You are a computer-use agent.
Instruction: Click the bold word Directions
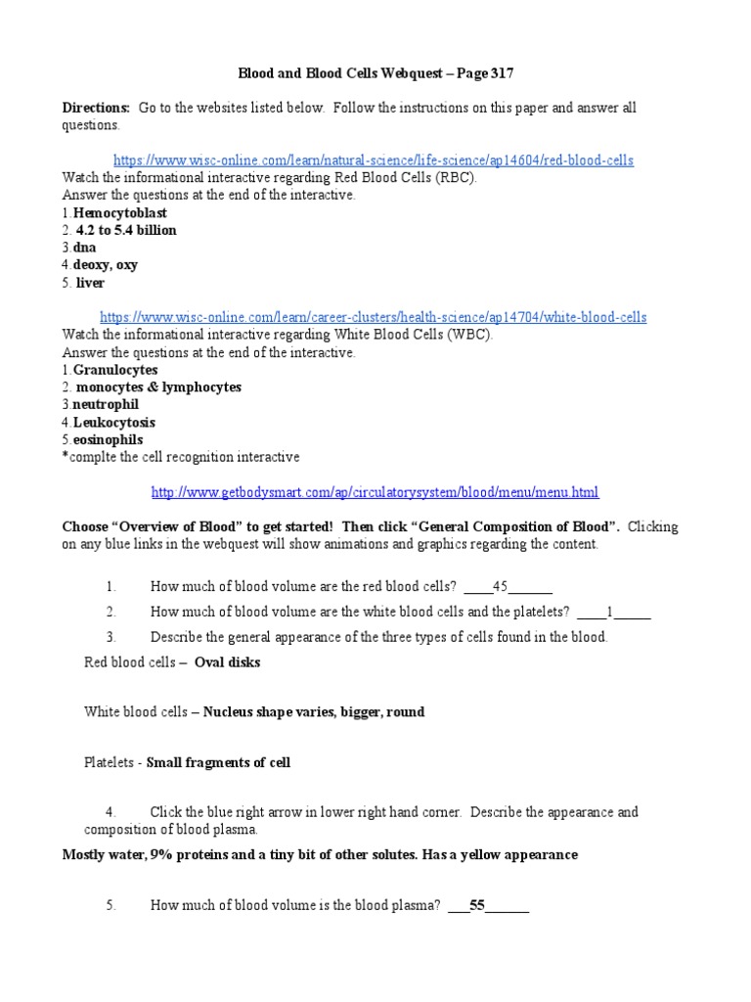point(96,108)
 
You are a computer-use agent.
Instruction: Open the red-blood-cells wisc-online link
point(374,160)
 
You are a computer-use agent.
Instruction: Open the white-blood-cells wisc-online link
point(374,318)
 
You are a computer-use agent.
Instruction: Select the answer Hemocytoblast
point(120,213)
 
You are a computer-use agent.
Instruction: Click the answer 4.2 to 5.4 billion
point(126,231)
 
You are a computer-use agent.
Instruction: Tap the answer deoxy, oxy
point(106,266)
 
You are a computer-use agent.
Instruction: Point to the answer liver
point(90,284)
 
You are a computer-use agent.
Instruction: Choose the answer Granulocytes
point(115,371)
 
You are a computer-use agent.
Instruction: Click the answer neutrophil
point(106,405)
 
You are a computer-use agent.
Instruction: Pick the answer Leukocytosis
point(114,423)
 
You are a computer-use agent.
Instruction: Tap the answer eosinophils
point(108,440)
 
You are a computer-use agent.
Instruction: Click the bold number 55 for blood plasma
point(477,906)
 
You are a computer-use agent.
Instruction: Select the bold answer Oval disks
point(228,662)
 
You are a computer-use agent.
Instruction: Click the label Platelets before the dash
point(110,763)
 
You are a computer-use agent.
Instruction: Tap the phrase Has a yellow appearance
point(500,855)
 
